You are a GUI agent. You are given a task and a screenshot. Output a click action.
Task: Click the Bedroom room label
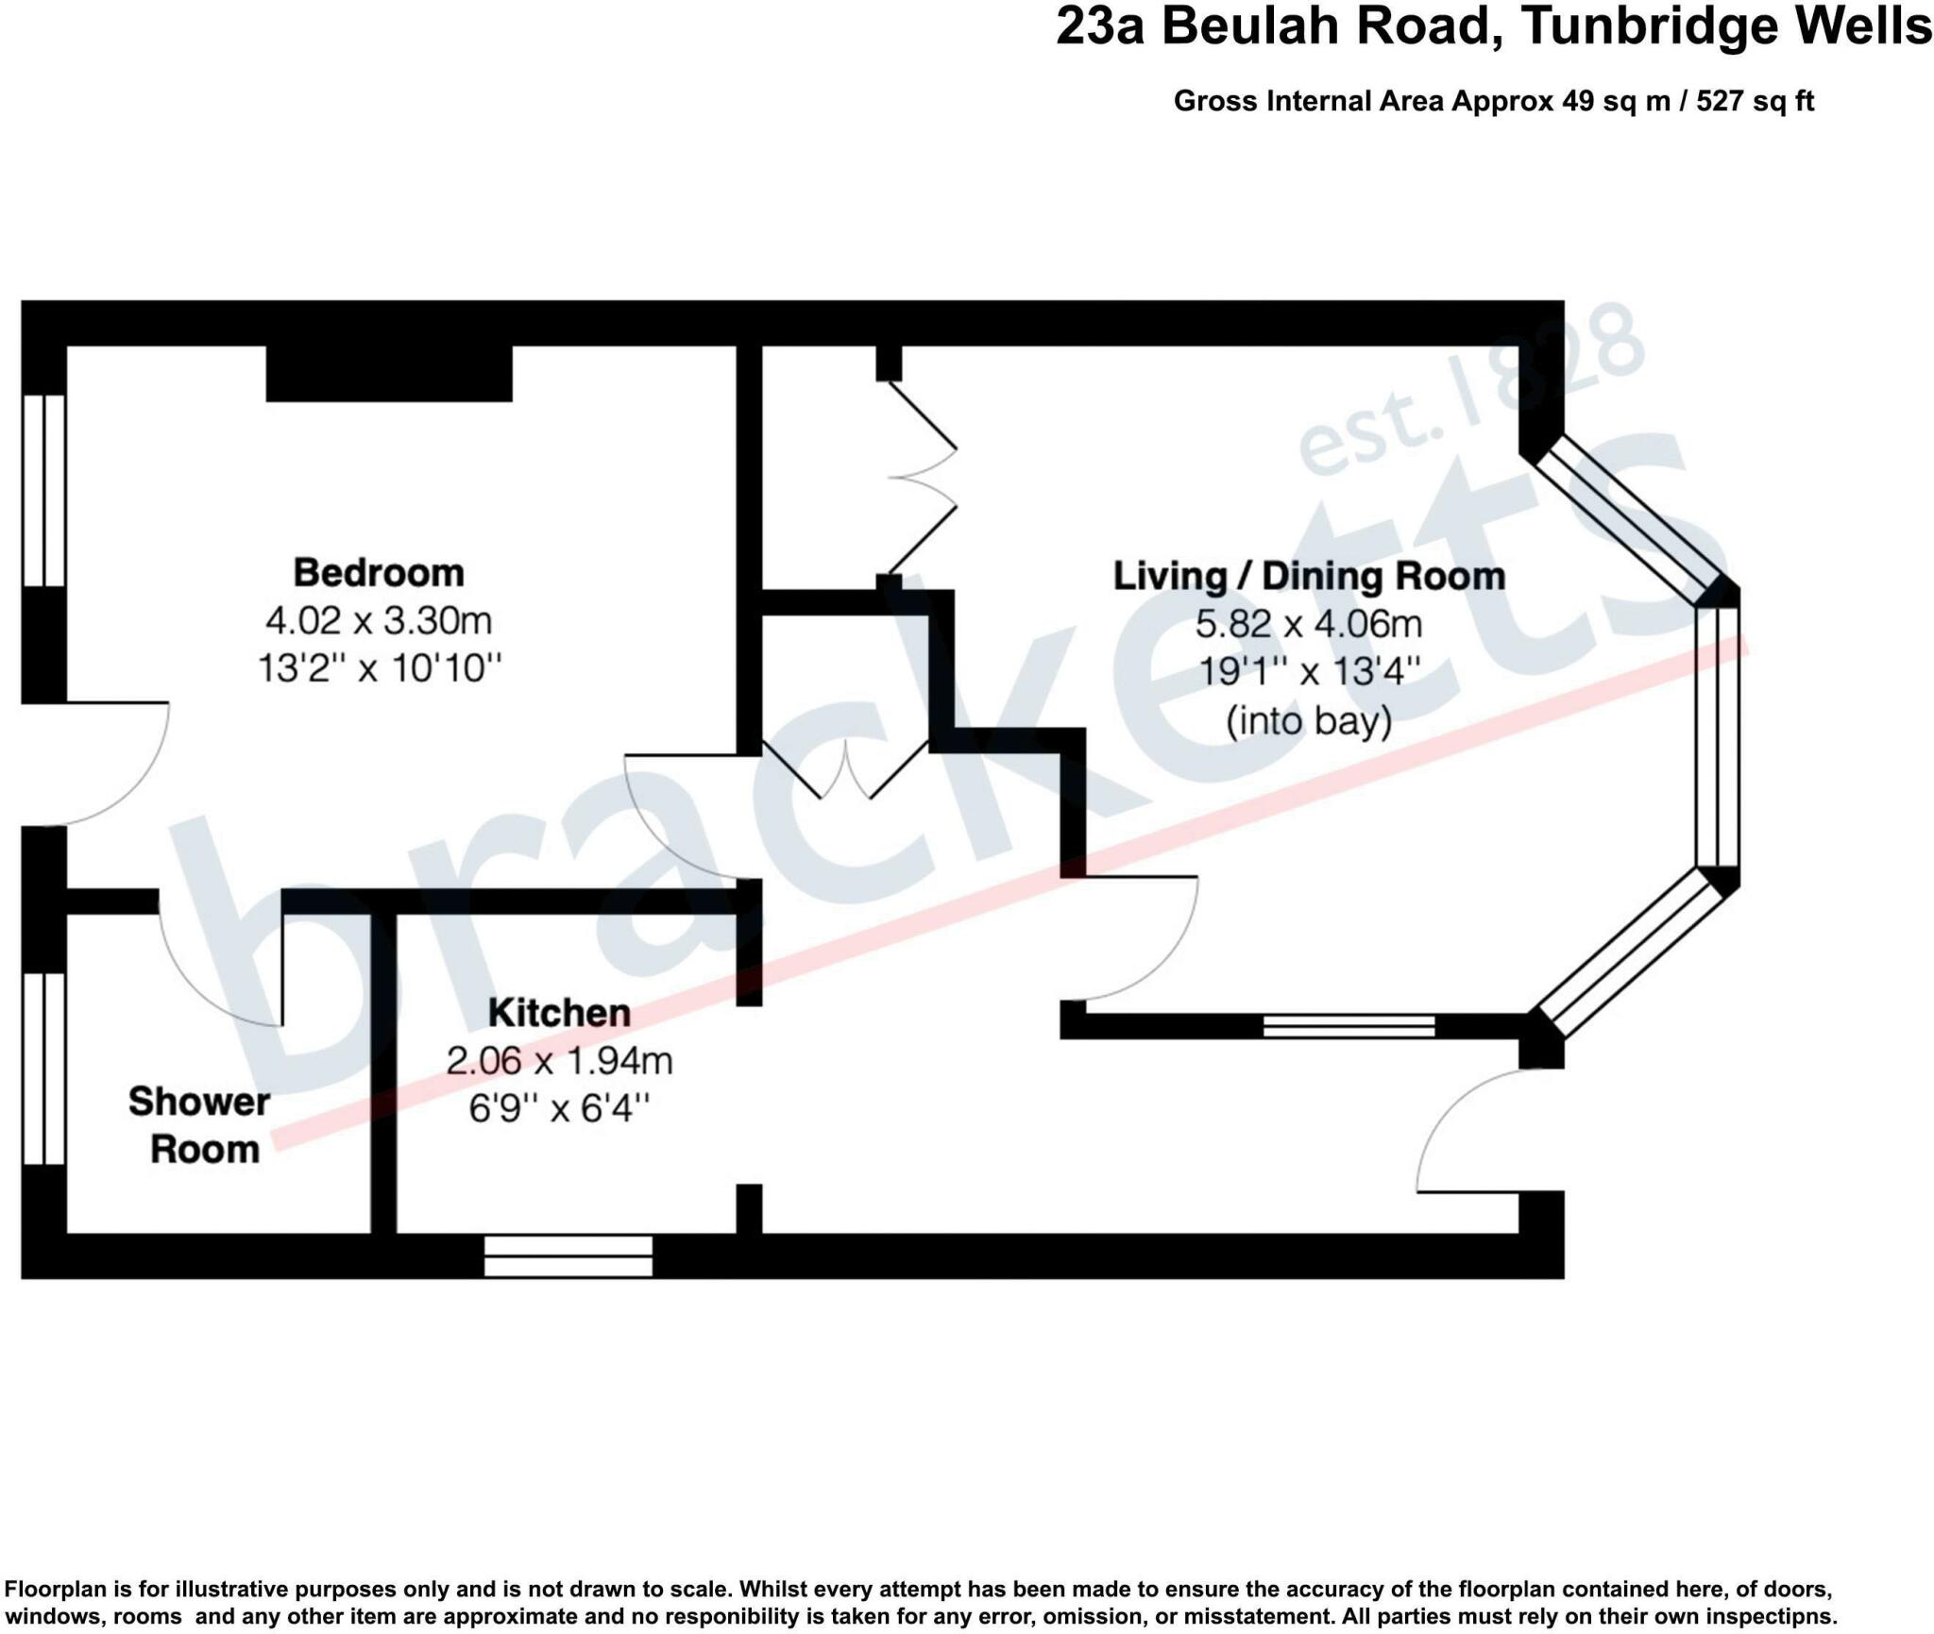coord(379,573)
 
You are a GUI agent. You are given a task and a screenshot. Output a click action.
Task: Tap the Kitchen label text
coord(559,1013)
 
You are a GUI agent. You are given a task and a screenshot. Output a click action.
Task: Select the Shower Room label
coord(200,1125)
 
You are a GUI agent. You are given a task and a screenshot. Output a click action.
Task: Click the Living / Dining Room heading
coord(1309,576)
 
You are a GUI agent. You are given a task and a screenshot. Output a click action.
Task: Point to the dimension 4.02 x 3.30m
coord(379,621)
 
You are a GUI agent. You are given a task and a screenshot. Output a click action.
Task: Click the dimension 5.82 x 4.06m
coord(1309,624)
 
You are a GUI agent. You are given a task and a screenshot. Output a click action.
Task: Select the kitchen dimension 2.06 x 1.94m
coord(559,1061)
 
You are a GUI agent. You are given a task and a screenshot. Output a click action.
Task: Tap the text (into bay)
coord(1309,722)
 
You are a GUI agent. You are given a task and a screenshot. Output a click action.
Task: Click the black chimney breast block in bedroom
coord(389,374)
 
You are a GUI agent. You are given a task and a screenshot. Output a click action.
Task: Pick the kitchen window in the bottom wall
coord(568,1256)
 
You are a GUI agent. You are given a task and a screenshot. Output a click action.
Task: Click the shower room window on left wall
coord(43,1069)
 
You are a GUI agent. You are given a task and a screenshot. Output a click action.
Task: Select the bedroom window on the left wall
coord(43,490)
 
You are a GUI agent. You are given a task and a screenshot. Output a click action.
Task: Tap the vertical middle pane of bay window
coord(1717,736)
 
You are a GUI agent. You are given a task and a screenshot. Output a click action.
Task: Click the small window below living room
coord(1349,1026)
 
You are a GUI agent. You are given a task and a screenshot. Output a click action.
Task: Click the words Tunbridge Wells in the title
coord(1726,26)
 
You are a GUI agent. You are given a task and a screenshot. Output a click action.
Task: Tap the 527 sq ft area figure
coord(1755,101)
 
